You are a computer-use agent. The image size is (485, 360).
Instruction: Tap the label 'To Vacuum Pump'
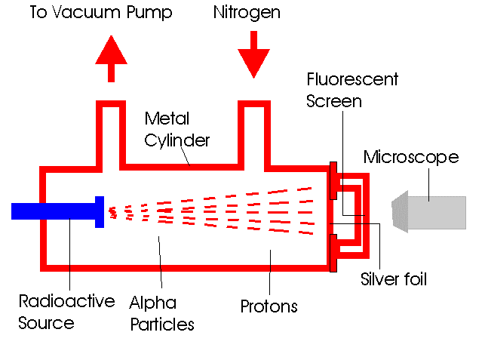pyautogui.click(x=101, y=13)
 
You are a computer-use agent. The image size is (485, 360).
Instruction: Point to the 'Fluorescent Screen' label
pyautogui.click(x=351, y=90)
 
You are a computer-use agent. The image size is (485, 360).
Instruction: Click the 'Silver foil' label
pyautogui.click(x=394, y=279)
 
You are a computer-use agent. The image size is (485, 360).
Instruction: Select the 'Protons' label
pyautogui.click(x=269, y=306)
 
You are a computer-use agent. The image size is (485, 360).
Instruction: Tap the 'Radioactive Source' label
pyautogui.click(x=66, y=312)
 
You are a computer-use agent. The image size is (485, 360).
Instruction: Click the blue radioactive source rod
pyautogui.click(x=53, y=211)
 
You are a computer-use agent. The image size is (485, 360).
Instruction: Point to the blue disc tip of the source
pyautogui.click(x=99, y=211)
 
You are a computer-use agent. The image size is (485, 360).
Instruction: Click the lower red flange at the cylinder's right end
pyautogui.click(x=333, y=252)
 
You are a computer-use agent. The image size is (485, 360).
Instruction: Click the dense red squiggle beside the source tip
pyautogui.click(x=114, y=212)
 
